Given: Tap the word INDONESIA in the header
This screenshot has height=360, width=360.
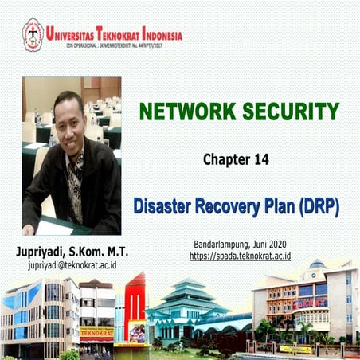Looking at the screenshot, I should coord(157,35).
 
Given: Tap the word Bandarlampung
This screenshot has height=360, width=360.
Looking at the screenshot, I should coord(222,244).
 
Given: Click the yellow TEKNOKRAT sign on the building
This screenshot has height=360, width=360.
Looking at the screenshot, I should coord(96,331).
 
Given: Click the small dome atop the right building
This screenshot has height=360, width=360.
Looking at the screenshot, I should coord(317,264).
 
